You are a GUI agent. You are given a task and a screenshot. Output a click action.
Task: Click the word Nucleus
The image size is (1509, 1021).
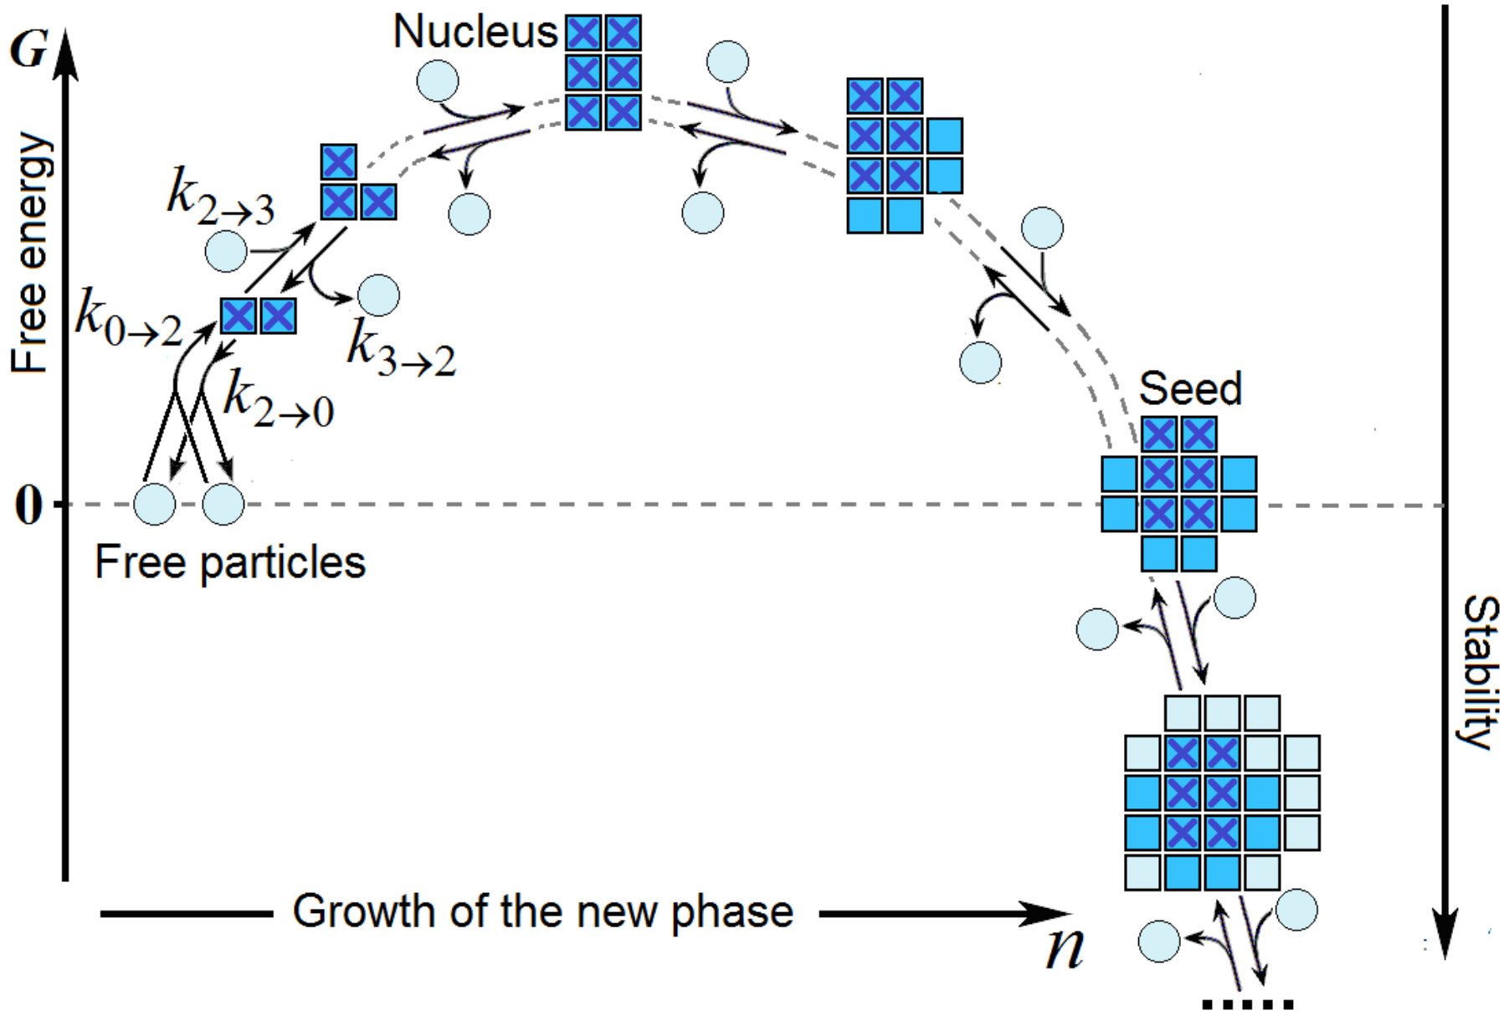[x=475, y=32]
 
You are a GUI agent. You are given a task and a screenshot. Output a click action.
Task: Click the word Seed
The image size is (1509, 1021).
[x=1189, y=388]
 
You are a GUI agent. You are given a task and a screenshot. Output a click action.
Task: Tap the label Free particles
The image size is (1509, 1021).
[x=230, y=562]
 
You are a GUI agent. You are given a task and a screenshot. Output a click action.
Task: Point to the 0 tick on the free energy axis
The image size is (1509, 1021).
[x=28, y=505]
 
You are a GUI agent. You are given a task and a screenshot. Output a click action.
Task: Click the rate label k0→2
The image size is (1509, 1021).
[x=128, y=318]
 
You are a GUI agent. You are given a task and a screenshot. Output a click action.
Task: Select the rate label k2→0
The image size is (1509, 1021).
[x=279, y=399]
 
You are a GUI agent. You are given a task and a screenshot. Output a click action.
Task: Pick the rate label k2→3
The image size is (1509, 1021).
[x=220, y=197]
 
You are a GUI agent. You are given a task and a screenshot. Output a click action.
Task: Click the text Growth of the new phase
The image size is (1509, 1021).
[x=542, y=911]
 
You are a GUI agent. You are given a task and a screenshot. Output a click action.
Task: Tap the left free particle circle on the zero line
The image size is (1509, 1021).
[x=155, y=505]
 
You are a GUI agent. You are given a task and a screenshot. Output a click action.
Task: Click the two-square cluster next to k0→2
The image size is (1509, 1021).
[x=258, y=316]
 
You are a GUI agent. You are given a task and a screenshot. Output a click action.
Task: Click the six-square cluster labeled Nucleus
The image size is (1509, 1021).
[x=603, y=72]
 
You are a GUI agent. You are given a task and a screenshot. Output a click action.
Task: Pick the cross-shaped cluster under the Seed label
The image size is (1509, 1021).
[x=1178, y=495]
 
